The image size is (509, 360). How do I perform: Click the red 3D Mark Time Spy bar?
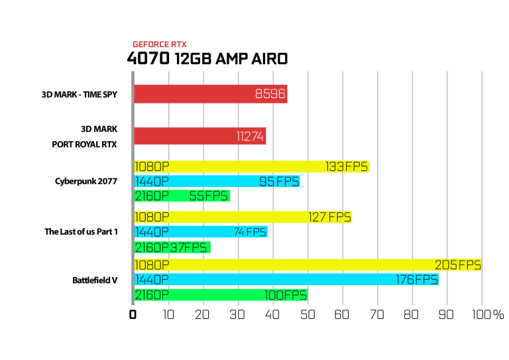[211, 94]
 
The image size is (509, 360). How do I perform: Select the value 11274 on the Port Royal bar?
[250, 137]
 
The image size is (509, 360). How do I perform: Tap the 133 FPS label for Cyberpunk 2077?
[347, 166]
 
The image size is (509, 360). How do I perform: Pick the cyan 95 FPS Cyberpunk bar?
[217, 181]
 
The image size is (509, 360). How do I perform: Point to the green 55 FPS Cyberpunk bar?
[182, 196]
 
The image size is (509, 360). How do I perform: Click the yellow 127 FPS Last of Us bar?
[243, 217]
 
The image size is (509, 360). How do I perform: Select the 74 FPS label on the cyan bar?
[250, 232]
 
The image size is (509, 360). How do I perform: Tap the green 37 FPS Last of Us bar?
[172, 247]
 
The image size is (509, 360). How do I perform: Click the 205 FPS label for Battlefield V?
[458, 265]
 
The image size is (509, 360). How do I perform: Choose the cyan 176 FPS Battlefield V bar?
[286, 280]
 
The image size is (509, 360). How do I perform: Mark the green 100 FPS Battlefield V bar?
[221, 295]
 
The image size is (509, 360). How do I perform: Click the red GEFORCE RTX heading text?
[160, 44]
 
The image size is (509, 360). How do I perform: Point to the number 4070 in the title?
[148, 59]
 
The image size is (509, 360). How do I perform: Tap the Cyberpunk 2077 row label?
[86, 181]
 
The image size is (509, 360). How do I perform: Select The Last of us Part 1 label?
[81, 231]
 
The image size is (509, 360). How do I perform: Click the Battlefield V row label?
[95, 280]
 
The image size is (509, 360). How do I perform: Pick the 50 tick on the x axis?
[307, 314]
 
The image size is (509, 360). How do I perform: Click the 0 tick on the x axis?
[133, 314]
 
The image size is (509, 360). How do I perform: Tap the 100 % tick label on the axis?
[488, 314]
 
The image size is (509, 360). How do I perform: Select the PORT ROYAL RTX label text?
[84, 144]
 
